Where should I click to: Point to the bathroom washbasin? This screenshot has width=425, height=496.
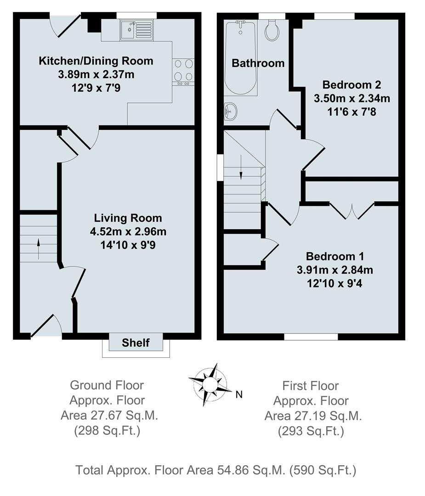click(230, 110)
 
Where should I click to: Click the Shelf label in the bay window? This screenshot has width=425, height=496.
click(136, 343)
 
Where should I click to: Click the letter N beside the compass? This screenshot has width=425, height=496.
click(238, 394)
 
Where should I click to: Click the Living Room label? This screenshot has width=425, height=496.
click(128, 218)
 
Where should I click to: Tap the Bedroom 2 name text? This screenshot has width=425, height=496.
click(351, 85)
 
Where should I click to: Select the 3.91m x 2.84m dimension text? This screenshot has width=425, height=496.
click(334, 270)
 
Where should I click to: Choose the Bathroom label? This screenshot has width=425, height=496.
click(258, 63)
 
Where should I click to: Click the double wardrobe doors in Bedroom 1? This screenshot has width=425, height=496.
click(352, 211)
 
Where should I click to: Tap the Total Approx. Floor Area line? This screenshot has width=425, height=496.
click(216, 470)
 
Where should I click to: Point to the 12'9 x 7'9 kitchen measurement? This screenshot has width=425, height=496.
click(96, 87)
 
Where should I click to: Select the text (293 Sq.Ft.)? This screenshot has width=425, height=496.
click(311, 431)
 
